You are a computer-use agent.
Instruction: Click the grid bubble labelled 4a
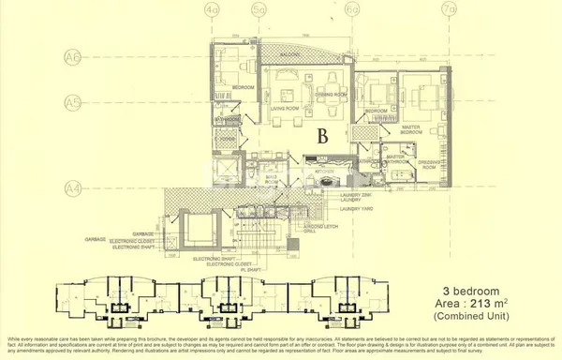212,11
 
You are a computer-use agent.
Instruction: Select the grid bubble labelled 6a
352,11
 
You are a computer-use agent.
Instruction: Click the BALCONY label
290,55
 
